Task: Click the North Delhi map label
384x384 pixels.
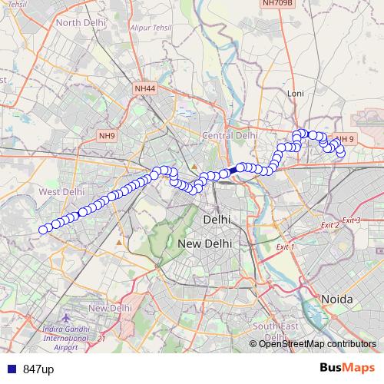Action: click(79, 22)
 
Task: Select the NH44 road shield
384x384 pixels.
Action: click(144, 89)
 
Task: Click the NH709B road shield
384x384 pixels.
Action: click(278, 3)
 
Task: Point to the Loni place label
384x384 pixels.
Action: click(296, 93)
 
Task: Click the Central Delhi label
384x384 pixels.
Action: click(230, 135)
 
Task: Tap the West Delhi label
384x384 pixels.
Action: click(61, 191)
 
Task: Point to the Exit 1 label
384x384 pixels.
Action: click(285, 247)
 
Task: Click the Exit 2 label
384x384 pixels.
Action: click(329, 225)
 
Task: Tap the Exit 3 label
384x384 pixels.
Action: click(351, 220)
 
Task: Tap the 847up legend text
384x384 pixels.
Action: click(38, 369)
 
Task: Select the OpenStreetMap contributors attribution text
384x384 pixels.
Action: click(317, 344)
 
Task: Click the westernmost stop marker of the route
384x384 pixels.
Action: click(44, 227)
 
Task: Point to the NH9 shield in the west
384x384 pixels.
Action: click(107, 136)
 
